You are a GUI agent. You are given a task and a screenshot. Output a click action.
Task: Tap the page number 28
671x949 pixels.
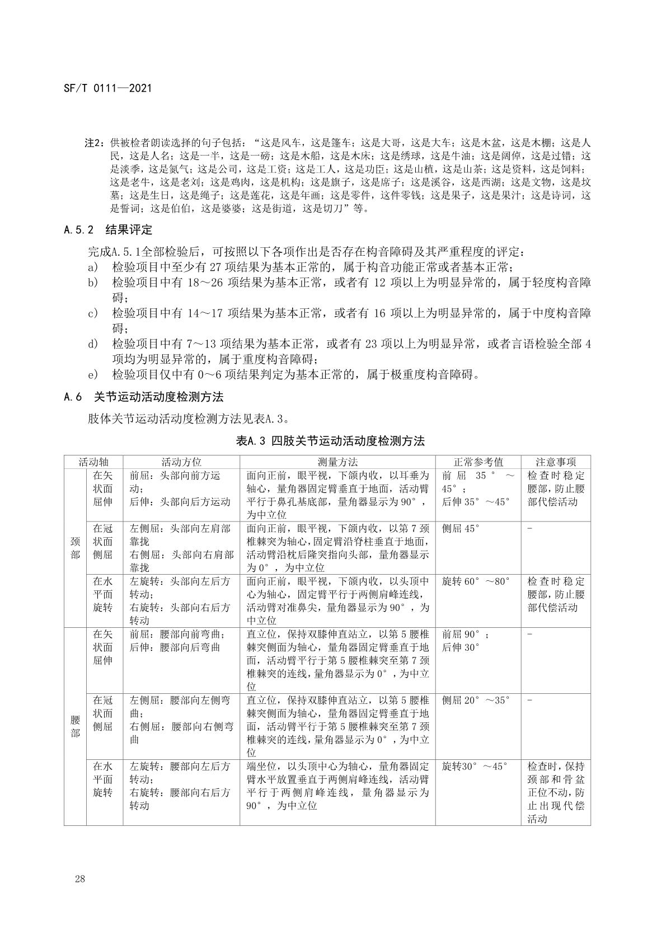click(x=79, y=879)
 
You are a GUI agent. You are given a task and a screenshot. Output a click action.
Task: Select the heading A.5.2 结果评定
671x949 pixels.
click(x=108, y=230)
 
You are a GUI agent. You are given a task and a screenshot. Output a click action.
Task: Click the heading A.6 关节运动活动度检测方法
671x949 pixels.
click(x=144, y=397)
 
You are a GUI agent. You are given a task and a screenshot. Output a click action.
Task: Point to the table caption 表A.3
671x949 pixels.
click(x=330, y=441)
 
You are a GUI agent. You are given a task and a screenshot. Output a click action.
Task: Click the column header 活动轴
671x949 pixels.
click(x=93, y=462)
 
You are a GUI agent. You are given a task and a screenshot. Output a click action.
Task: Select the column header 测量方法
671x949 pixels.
click(x=337, y=462)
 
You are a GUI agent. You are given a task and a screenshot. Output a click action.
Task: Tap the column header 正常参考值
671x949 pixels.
click(x=478, y=462)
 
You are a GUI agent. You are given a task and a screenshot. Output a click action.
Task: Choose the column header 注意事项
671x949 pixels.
click(x=555, y=462)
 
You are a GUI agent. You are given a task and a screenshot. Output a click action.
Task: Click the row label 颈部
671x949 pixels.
click(x=75, y=548)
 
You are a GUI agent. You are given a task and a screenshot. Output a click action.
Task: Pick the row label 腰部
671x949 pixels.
click(x=75, y=726)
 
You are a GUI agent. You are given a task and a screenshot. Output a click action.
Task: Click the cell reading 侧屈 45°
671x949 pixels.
click(x=461, y=529)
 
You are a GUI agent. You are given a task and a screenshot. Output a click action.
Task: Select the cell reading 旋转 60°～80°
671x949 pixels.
click(x=476, y=582)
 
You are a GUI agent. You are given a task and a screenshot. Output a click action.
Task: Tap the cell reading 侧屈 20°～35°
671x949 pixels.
click(x=476, y=701)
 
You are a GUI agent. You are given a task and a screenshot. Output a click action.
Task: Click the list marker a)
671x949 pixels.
click(x=93, y=267)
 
